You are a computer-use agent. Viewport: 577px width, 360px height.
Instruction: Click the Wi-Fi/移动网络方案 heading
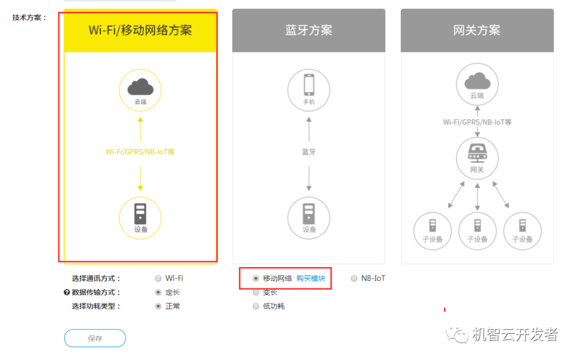140,30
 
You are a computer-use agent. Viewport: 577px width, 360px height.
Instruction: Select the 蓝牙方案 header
308,30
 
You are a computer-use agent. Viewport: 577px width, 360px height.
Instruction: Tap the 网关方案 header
477,30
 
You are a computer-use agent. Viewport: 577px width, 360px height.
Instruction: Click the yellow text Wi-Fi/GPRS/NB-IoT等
140,152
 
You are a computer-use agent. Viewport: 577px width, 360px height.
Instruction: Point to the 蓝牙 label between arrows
309,152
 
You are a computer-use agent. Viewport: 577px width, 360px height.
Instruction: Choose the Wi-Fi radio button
158,278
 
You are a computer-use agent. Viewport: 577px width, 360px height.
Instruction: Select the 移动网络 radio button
256,278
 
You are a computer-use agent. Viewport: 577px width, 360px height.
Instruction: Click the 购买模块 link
311,278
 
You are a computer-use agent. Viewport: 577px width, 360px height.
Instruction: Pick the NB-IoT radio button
354,278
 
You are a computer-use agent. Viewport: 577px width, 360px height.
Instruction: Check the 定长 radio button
158,292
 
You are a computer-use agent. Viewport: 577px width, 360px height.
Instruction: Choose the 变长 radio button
256,292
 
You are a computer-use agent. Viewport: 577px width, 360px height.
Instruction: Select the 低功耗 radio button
256,306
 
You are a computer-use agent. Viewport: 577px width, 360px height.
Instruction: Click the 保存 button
95,338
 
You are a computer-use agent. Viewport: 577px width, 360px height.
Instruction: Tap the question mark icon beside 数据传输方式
67,292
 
